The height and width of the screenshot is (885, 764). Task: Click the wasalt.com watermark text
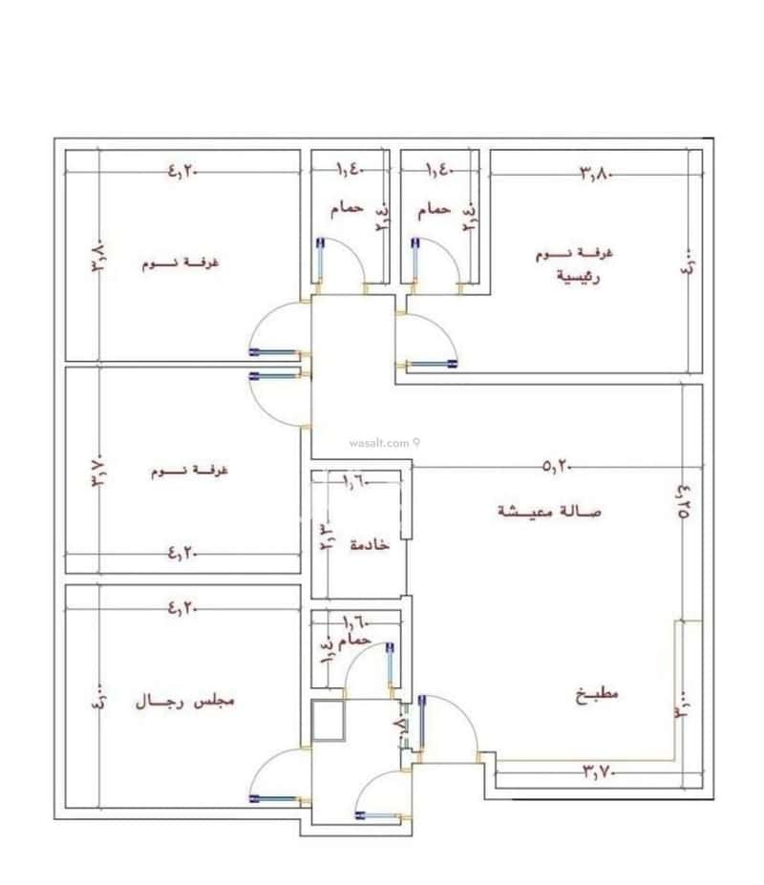pyautogui.click(x=379, y=442)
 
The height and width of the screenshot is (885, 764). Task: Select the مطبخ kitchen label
pyautogui.click(x=598, y=694)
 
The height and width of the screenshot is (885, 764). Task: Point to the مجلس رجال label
pyautogui.click(x=183, y=701)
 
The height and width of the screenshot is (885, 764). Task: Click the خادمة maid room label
pyautogui.click(x=369, y=543)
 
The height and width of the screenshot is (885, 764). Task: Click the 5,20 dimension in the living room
pyautogui.click(x=556, y=467)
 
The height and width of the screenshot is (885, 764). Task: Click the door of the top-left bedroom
pyautogui.click(x=277, y=328)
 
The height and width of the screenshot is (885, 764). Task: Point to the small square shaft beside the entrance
pyautogui.click(x=329, y=720)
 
